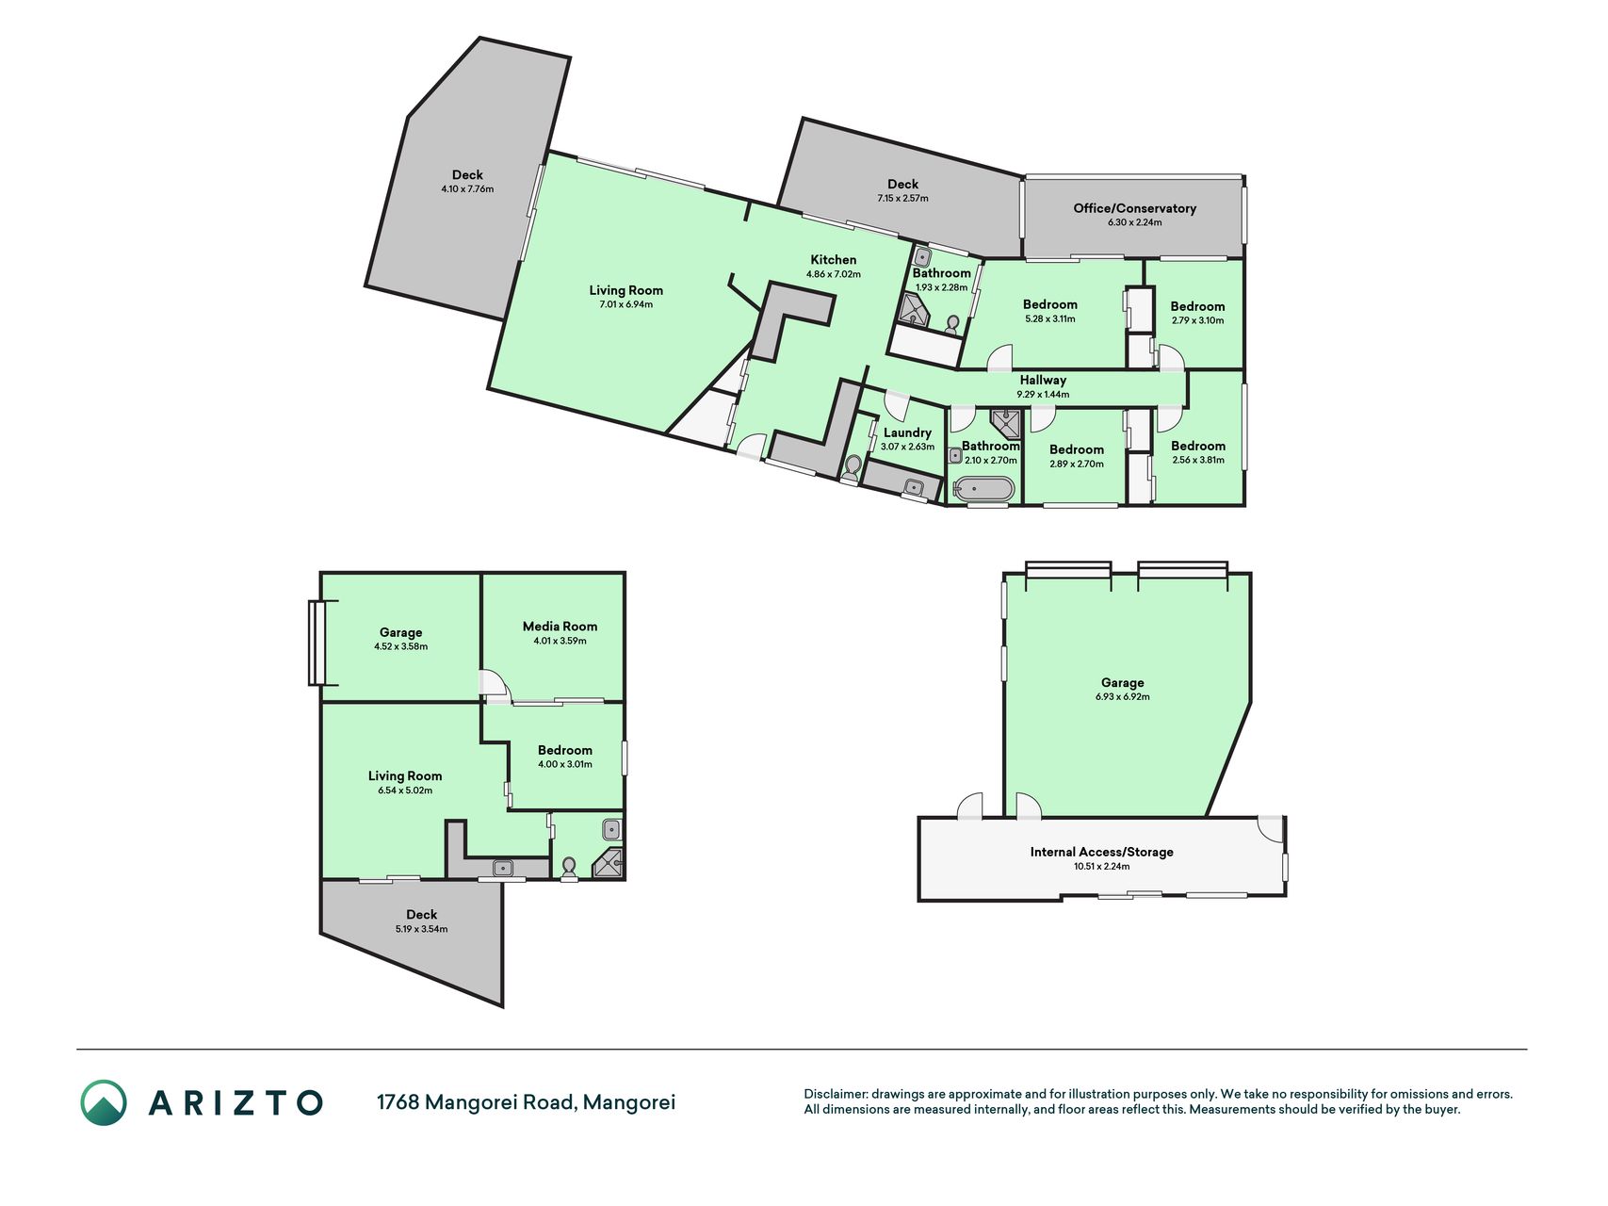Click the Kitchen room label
click(834, 260)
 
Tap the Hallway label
click(1043, 381)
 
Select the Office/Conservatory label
click(1134, 208)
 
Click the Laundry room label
click(907, 433)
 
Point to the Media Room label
click(560, 627)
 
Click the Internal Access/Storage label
click(1101, 852)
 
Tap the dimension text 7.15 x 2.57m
click(902, 199)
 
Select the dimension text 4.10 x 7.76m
click(467, 189)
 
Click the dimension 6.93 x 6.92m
click(1122, 697)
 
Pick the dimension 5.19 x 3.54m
click(421, 929)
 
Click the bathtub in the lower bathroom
click(984, 489)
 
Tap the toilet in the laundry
click(853, 467)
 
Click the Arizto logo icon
click(103, 1102)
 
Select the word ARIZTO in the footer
click(236, 1102)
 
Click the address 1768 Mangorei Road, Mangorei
click(526, 1102)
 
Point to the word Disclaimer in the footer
click(836, 1094)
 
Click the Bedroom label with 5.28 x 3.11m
click(1049, 305)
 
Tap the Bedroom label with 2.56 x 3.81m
click(1198, 447)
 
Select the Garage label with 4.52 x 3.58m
click(400, 633)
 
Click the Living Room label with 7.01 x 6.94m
click(625, 291)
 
